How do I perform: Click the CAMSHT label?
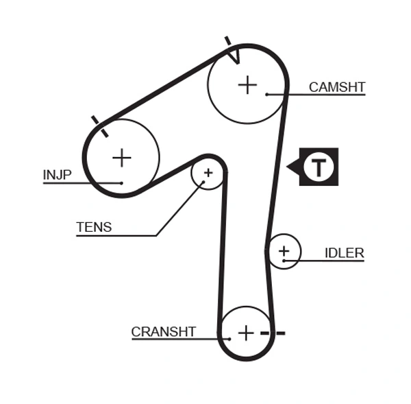click(x=337, y=87)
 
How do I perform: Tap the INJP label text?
click(x=57, y=175)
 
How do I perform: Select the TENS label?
click(x=94, y=227)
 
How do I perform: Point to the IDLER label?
click(x=344, y=253)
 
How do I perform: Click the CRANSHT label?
click(x=164, y=332)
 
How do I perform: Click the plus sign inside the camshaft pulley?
click(x=247, y=85)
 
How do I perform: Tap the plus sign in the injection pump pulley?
click(x=121, y=158)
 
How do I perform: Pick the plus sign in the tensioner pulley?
click(x=208, y=173)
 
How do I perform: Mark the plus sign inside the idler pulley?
click(x=284, y=251)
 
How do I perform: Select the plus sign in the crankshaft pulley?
click(x=246, y=333)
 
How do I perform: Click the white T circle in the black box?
click(x=319, y=167)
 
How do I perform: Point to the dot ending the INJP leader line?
click(x=121, y=183)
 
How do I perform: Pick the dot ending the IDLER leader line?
click(x=284, y=261)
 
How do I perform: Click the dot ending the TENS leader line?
click(x=203, y=183)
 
